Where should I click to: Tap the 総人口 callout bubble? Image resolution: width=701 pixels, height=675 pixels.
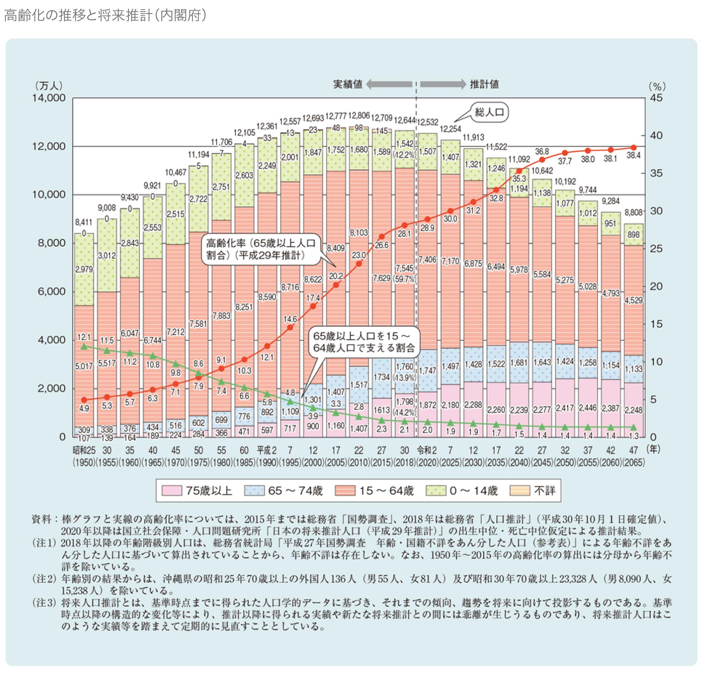(489, 112)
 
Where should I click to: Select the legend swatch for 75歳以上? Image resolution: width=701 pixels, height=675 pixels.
(172, 490)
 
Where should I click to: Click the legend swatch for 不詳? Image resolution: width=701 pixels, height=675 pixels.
(520, 490)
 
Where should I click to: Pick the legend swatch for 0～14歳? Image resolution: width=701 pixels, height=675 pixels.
(436, 490)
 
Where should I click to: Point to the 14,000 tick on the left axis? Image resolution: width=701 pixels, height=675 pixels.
(49, 98)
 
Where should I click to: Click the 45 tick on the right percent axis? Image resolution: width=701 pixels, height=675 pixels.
(656, 98)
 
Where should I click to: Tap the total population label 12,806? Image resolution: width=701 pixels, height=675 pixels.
(359, 116)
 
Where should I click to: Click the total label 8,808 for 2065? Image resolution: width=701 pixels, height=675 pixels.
(633, 212)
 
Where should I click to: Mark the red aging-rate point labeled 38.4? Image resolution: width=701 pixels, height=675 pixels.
(633, 148)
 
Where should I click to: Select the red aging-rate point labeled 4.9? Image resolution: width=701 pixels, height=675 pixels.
(84, 400)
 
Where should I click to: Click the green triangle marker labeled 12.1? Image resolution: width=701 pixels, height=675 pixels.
(84, 346)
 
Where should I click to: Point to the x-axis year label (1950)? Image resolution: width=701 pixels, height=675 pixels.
(84, 462)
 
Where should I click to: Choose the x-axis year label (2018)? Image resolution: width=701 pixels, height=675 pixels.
(405, 462)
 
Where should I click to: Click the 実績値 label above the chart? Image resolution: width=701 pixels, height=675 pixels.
(348, 84)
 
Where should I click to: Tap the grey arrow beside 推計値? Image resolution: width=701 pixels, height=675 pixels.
(443, 84)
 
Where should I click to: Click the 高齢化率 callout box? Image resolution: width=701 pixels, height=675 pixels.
(261, 249)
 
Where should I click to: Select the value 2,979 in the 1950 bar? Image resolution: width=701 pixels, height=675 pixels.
(84, 269)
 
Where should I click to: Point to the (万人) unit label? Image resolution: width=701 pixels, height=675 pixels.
(49, 86)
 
